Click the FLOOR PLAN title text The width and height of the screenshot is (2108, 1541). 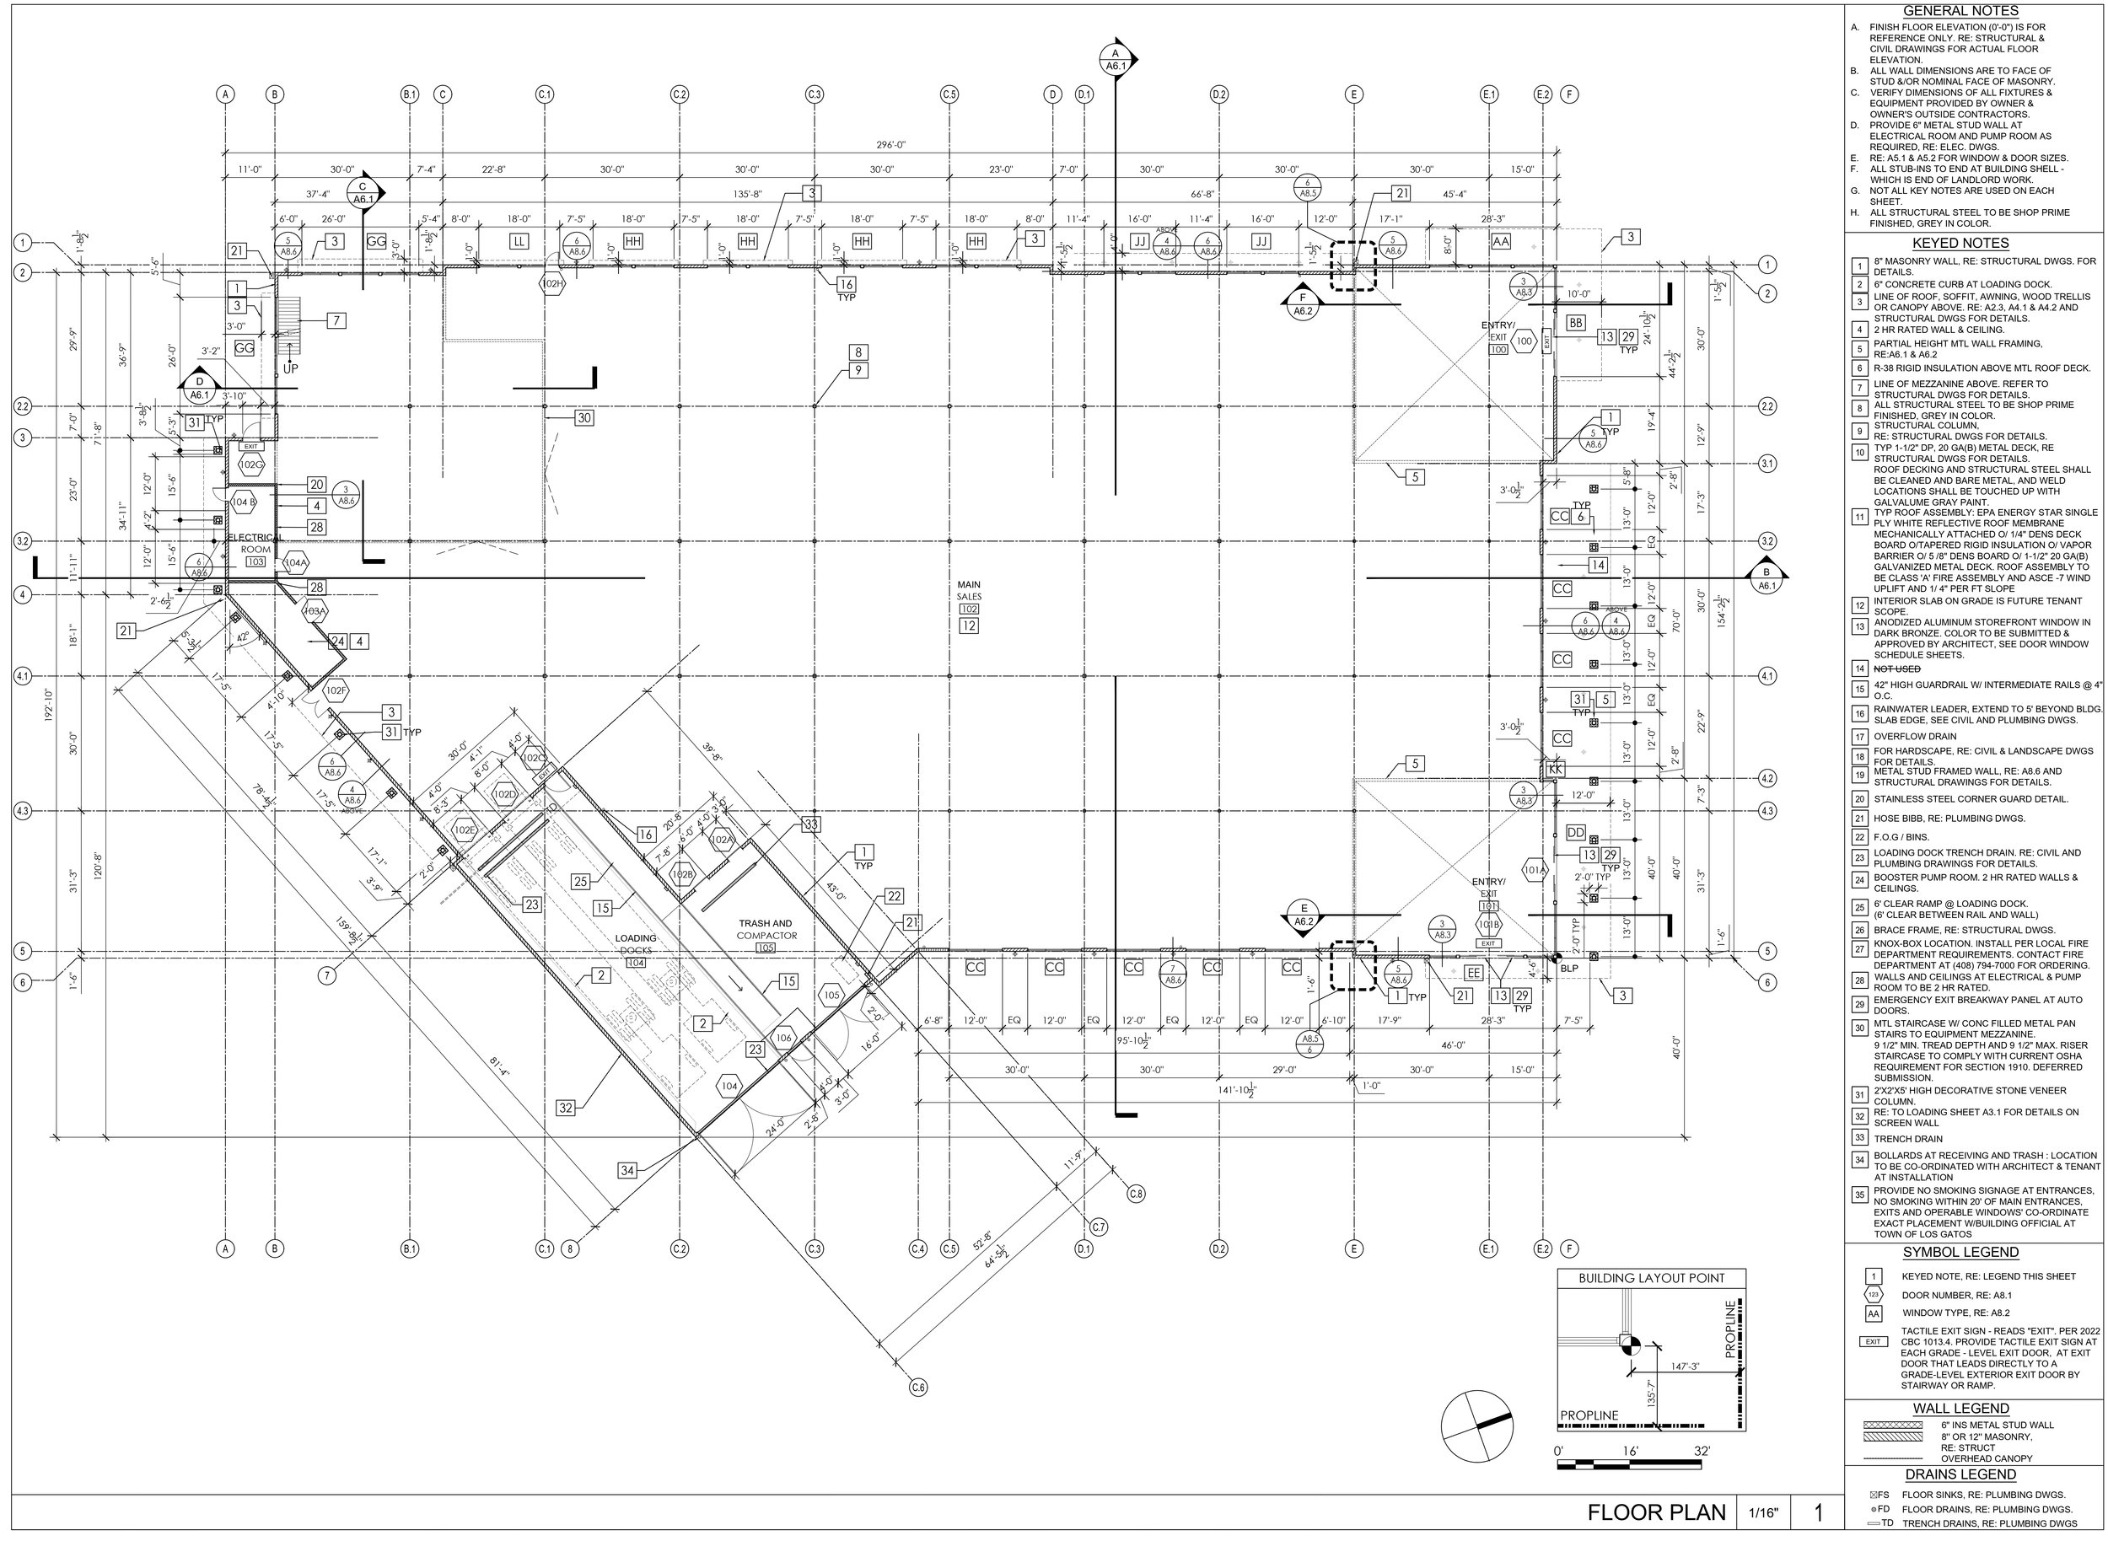(1656, 1512)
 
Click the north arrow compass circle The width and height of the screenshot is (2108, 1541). (1476, 1426)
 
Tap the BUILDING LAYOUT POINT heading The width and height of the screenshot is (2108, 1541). (1651, 1278)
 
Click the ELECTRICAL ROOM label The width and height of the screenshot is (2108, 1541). (255, 544)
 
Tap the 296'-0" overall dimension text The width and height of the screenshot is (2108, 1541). (891, 145)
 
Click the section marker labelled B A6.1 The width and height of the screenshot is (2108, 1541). (1765, 578)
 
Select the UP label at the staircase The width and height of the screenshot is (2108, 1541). (291, 368)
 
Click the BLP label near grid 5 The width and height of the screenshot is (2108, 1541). (1569, 969)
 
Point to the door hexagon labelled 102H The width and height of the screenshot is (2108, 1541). (552, 283)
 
